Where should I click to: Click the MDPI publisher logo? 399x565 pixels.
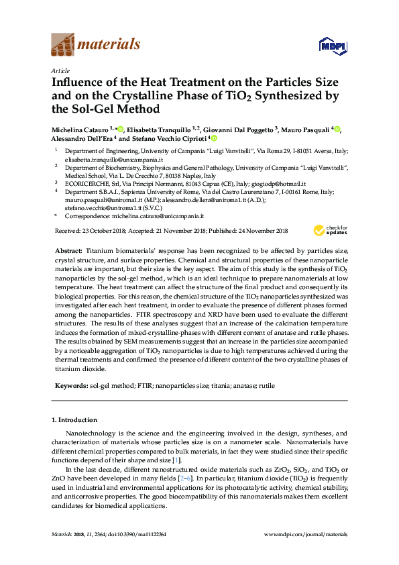coord(332,46)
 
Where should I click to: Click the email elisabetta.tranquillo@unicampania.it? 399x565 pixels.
coord(110,160)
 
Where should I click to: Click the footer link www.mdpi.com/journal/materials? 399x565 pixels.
coord(306,534)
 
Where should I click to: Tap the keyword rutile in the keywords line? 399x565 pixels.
coord(266,387)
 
